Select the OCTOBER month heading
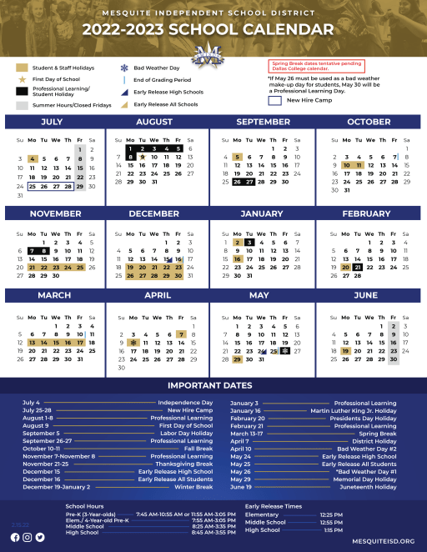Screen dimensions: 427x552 coord(368,123)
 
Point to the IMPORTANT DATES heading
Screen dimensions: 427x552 coord(213,385)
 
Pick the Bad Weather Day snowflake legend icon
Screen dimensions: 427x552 coord(123,67)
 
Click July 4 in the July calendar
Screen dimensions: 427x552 coord(32,158)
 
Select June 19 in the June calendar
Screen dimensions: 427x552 coord(346,351)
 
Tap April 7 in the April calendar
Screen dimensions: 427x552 coord(181,334)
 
